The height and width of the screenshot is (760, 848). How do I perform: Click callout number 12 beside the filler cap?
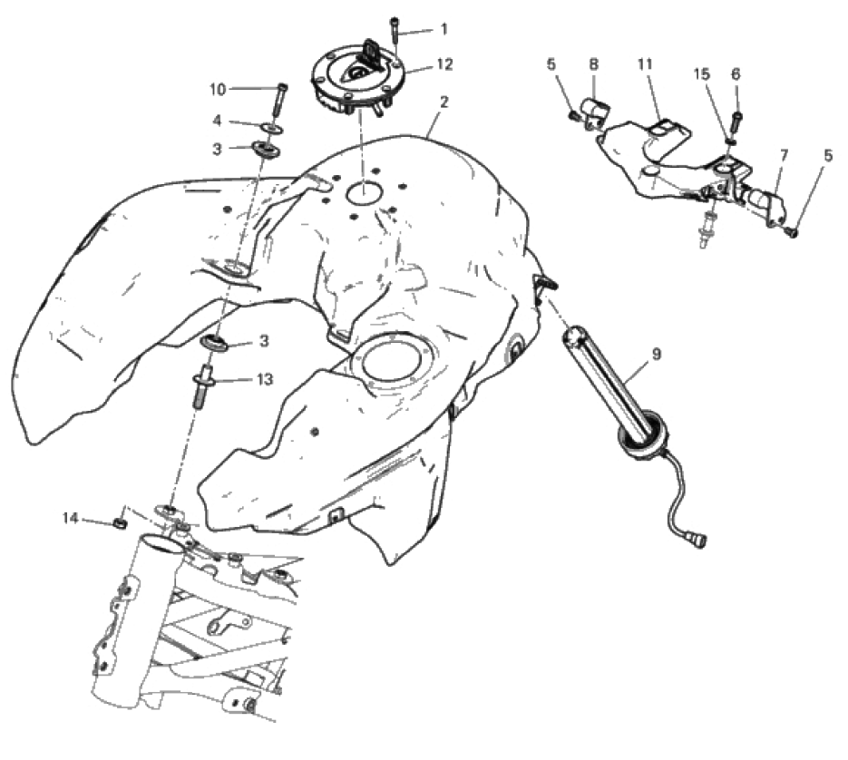click(x=444, y=64)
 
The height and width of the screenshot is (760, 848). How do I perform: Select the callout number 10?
click(x=218, y=89)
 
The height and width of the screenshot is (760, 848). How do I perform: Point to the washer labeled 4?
click(x=272, y=128)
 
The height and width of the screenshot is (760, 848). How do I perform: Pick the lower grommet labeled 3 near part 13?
click(x=215, y=342)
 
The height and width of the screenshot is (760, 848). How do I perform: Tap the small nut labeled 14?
click(x=121, y=523)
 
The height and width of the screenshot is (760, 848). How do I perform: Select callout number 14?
click(x=71, y=518)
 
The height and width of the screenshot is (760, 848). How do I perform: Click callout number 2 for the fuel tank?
click(x=443, y=102)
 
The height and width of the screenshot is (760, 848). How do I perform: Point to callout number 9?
click(x=657, y=355)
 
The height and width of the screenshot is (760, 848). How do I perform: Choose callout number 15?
click(x=701, y=74)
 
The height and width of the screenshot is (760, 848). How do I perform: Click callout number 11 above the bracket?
click(x=645, y=64)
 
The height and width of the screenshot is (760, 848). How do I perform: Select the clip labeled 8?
click(x=594, y=111)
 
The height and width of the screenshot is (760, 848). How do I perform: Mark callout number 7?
click(x=784, y=156)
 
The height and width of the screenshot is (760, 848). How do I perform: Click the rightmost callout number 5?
click(x=829, y=156)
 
